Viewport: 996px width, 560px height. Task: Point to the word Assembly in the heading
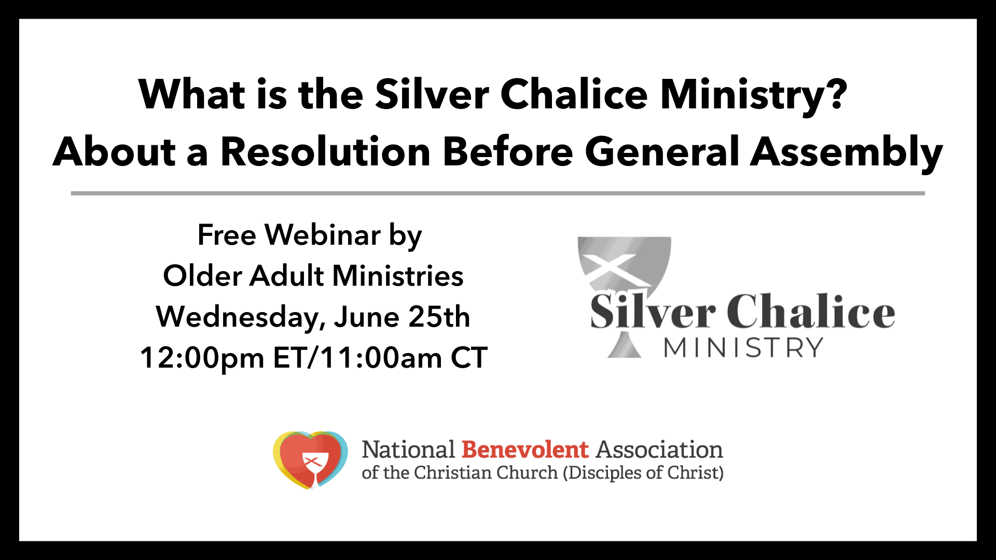point(847,153)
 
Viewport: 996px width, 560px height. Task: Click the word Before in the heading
point(508,152)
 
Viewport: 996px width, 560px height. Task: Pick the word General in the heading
point(662,152)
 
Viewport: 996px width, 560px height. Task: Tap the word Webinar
point(323,235)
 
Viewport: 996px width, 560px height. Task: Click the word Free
point(227,235)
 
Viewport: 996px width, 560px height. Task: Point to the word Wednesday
point(241,317)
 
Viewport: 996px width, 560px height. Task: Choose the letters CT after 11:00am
point(469,358)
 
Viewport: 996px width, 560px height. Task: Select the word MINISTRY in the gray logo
point(743,347)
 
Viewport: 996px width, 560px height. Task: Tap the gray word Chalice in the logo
point(811,311)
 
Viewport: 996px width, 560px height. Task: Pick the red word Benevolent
point(525,450)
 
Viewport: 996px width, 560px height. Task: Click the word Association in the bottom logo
point(659,450)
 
